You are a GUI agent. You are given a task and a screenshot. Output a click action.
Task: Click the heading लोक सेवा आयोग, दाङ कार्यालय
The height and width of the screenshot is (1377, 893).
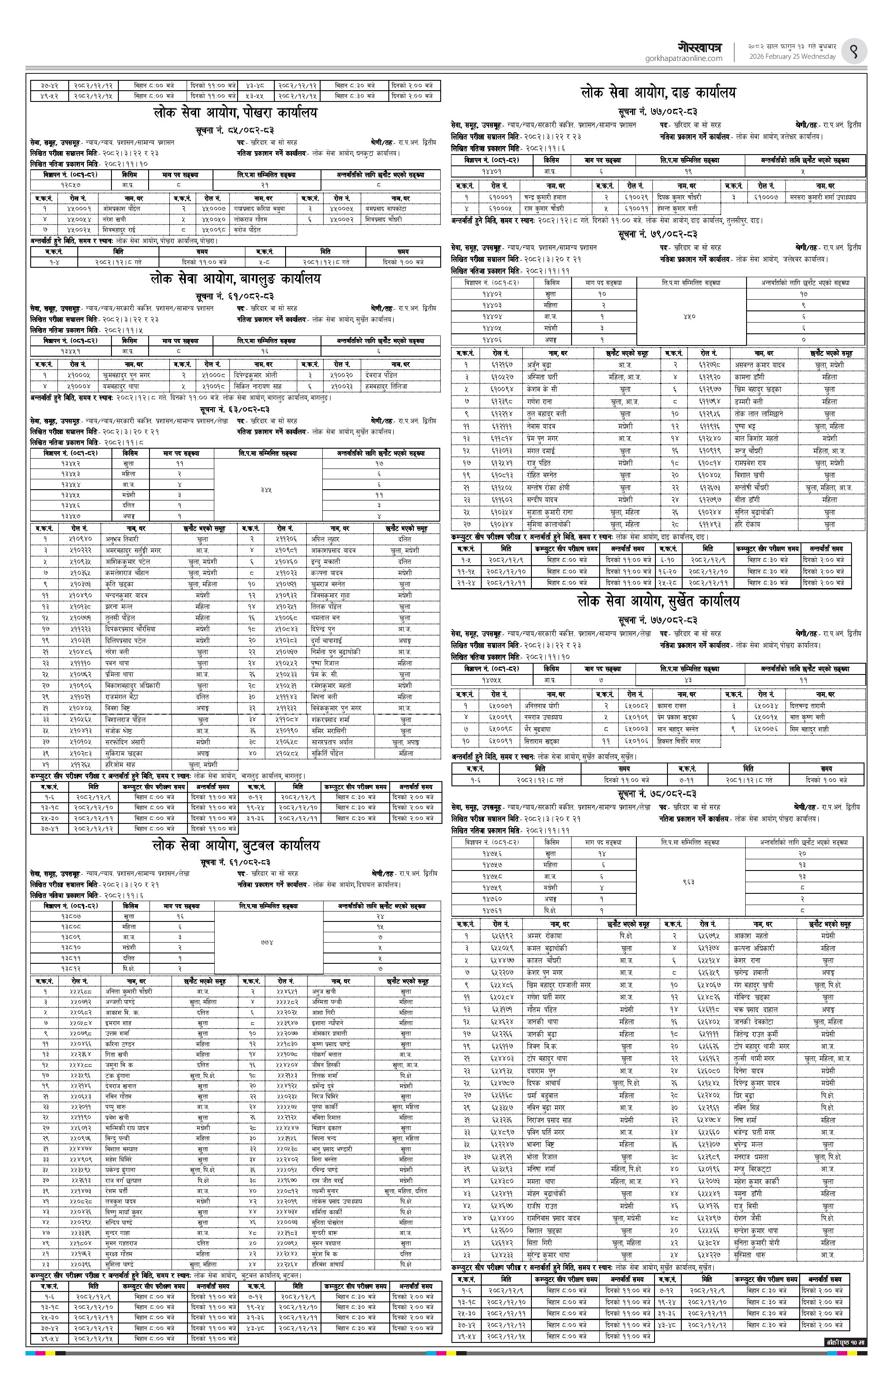pyautogui.click(x=658, y=92)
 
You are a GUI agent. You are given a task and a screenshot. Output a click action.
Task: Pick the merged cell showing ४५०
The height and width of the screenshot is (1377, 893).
pyautogui.click(x=690, y=317)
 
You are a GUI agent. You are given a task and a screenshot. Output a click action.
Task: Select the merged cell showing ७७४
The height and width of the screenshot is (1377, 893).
pyautogui.click(x=267, y=942)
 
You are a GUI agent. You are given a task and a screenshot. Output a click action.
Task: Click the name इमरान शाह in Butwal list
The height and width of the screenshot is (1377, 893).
pyautogui.click(x=119, y=1022)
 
